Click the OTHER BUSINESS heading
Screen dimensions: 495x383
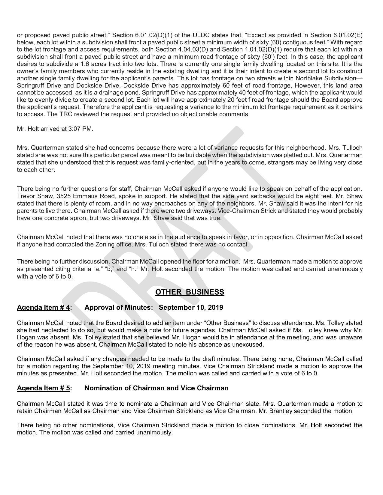tap(190, 292)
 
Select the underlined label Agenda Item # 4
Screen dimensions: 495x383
tap(44, 308)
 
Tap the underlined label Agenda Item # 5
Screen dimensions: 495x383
tap(44, 388)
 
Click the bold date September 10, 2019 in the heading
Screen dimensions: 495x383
tap(191, 308)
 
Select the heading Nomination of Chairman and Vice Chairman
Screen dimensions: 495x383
tap(157, 388)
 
